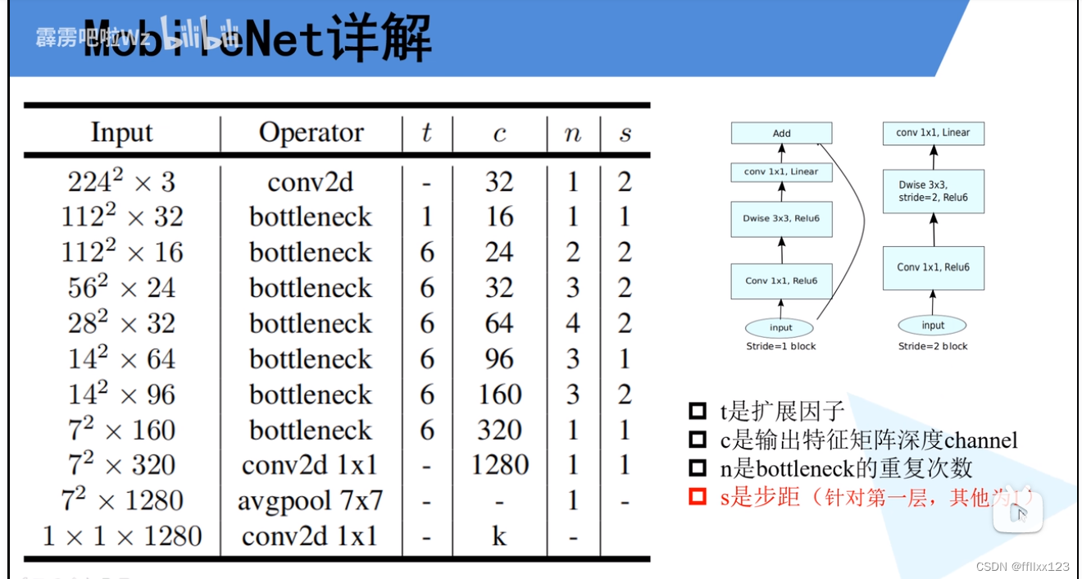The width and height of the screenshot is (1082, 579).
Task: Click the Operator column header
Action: [x=311, y=133]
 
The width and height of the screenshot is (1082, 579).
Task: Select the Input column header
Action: [x=121, y=133]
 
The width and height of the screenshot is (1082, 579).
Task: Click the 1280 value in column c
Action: [x=499, y=465]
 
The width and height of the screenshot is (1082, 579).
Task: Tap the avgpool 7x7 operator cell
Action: [x=310, y=500]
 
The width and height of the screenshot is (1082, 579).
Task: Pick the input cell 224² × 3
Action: [x=121, y=181]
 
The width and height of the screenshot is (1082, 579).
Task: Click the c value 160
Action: [x=499, y=394]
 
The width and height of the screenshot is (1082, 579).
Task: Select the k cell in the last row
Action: [x=499, y=536]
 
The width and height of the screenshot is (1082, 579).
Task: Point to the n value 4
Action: [x=573, y=323]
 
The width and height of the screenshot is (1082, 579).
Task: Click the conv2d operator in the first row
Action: [x=310, y=181]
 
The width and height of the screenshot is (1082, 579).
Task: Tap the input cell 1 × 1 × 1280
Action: [x=121, y=536]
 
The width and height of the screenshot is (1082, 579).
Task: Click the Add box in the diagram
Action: [x=781, y=133]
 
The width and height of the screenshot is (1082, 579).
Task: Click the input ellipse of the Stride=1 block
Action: [x=780, y=328]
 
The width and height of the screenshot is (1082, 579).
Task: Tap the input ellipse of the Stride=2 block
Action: [x=933, y=326]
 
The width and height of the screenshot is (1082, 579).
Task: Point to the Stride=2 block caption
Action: [x=933, y=346]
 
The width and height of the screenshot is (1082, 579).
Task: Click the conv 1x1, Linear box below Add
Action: [x=781, y=172]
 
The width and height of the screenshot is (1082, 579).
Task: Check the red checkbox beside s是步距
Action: [x=698, y=497]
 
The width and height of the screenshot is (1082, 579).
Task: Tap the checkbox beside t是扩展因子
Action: [x=698, y=411]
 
